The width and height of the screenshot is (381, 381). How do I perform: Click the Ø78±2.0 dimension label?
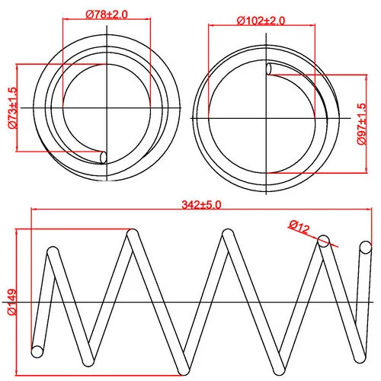click(x=107, y=14)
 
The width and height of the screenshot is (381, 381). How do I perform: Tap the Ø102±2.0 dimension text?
click(x=261, y=21)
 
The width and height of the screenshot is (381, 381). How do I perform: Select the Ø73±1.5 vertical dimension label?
click(x=12, y=108)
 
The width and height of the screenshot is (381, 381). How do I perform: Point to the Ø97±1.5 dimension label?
click(x=362, y=124)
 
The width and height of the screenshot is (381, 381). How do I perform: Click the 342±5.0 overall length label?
click(x=201, y=205)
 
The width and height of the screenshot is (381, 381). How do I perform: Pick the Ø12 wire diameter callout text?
click(x=299, y=227)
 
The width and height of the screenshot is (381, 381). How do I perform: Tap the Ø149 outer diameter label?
click(x=12, y=302)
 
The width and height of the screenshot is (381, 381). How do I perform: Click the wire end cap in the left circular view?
click(x=104, y=158)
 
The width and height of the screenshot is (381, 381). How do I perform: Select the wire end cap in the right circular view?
click(x=269, y=69)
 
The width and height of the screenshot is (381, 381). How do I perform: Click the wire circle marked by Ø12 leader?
click(x=324, y=241)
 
